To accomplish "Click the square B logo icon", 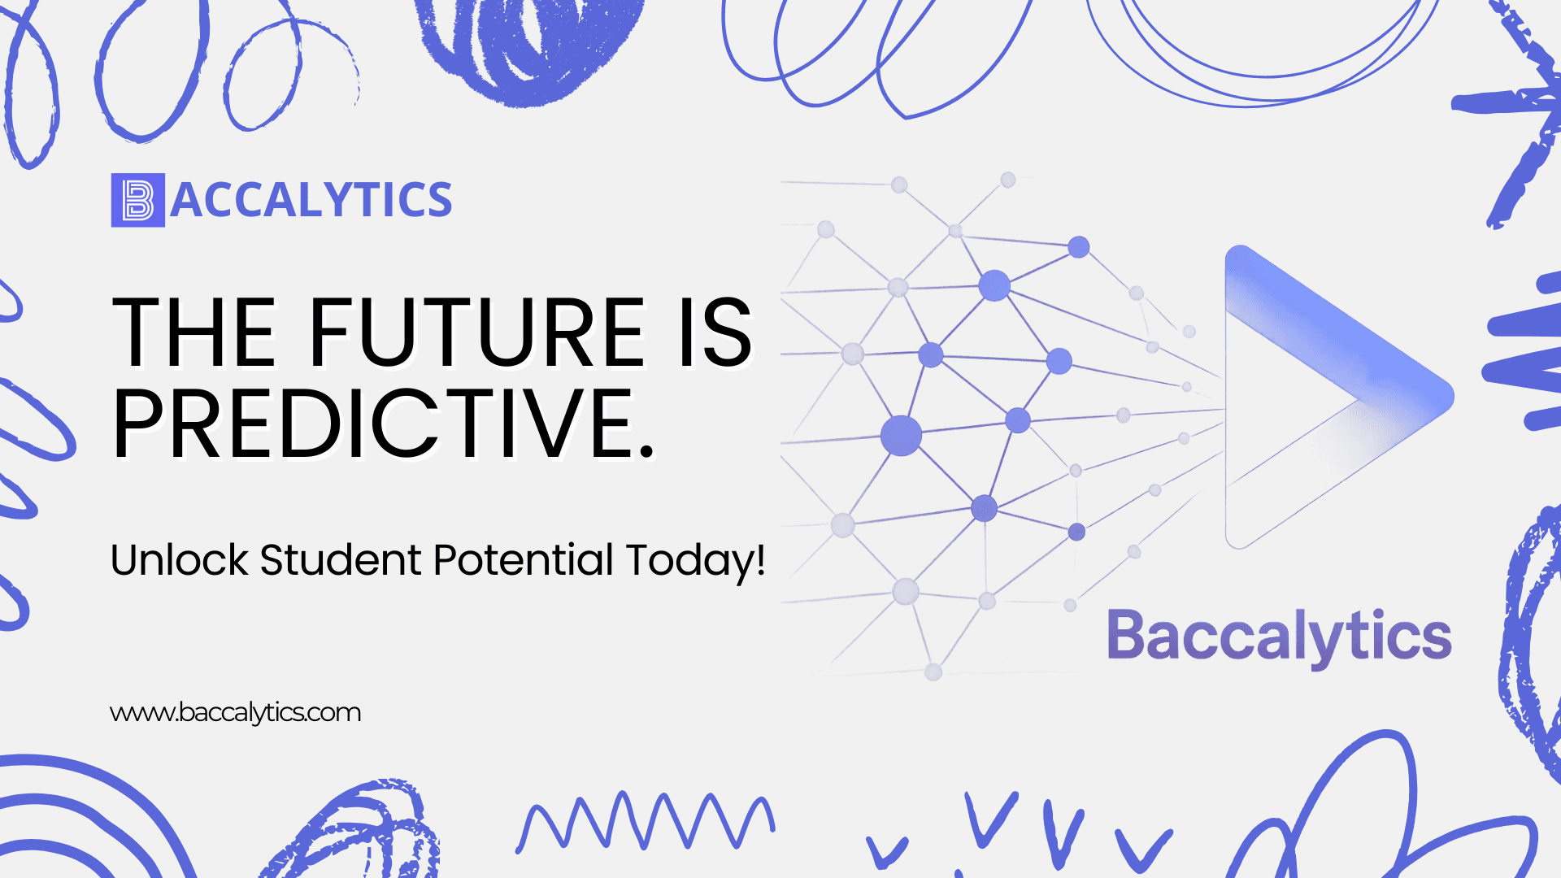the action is pyautogui.click(x=138, y=200).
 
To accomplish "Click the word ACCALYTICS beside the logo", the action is pyautogui.click(x=311, y=200).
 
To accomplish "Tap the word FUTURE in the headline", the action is pyautogui.click(x=476, y=333).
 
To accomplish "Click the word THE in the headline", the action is pyautogui.click(x=195, y=333).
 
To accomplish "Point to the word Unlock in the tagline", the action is pyautogui.click(x=179, y=560).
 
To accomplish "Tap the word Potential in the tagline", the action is pyautogui.click(x=524, y=560).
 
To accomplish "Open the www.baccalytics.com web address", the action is pyautogui.click(x=235, y=713).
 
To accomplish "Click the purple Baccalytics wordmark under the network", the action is pyautogui.click(x=1280, y=637).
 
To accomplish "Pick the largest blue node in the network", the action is pyautogui.click(x=901, y=435).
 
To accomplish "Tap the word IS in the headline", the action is pyautogui.click(x=716, y=333).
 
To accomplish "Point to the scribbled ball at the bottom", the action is pyautogui.click(x=358, y=833).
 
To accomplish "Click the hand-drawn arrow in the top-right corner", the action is pyautogui.click(x=1512, y=114).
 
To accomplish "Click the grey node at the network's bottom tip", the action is pyautogui.click(x=933, y=672).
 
